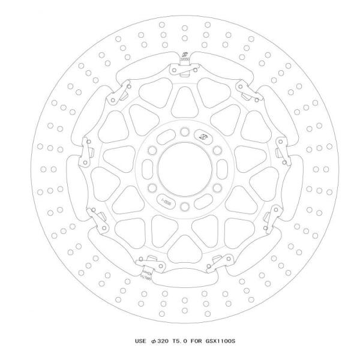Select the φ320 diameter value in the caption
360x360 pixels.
pyautogui.click(x=162, y=341)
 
